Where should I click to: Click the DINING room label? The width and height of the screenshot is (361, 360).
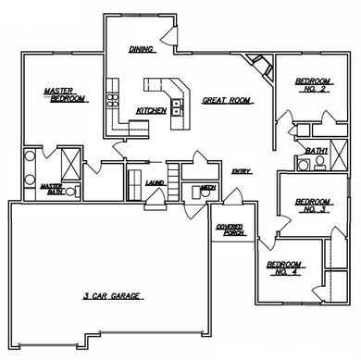(142, 49)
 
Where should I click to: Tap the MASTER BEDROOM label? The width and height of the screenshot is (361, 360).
(66, 95)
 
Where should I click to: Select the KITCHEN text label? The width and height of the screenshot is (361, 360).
(152, 111)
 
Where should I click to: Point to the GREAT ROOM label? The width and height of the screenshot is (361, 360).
(228, 101)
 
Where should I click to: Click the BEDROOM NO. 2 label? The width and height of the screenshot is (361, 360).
(313, 85)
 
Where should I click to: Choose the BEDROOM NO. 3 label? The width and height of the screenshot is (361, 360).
(313, 205)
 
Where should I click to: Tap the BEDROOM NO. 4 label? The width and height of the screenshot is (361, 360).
(285, 268)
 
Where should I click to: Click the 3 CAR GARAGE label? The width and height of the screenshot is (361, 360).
(113, 296)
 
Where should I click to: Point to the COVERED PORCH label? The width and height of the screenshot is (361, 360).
(230, 230)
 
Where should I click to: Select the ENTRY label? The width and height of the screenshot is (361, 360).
(242, 171)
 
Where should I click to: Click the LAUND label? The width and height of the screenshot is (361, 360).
(155, 183)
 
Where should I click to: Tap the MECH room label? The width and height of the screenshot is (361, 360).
(208, 188)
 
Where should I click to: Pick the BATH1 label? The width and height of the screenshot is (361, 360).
(317, 151)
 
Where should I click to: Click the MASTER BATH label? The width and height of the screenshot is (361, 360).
(52, 189)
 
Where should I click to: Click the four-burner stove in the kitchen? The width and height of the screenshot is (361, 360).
(113, 101)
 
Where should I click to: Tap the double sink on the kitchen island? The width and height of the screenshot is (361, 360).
(177, 106)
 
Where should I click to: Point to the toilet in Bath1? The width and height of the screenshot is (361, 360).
(319, 163)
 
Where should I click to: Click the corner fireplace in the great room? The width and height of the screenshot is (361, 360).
(260, 66)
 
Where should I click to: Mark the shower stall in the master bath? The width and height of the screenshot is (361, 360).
(70, 164)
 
